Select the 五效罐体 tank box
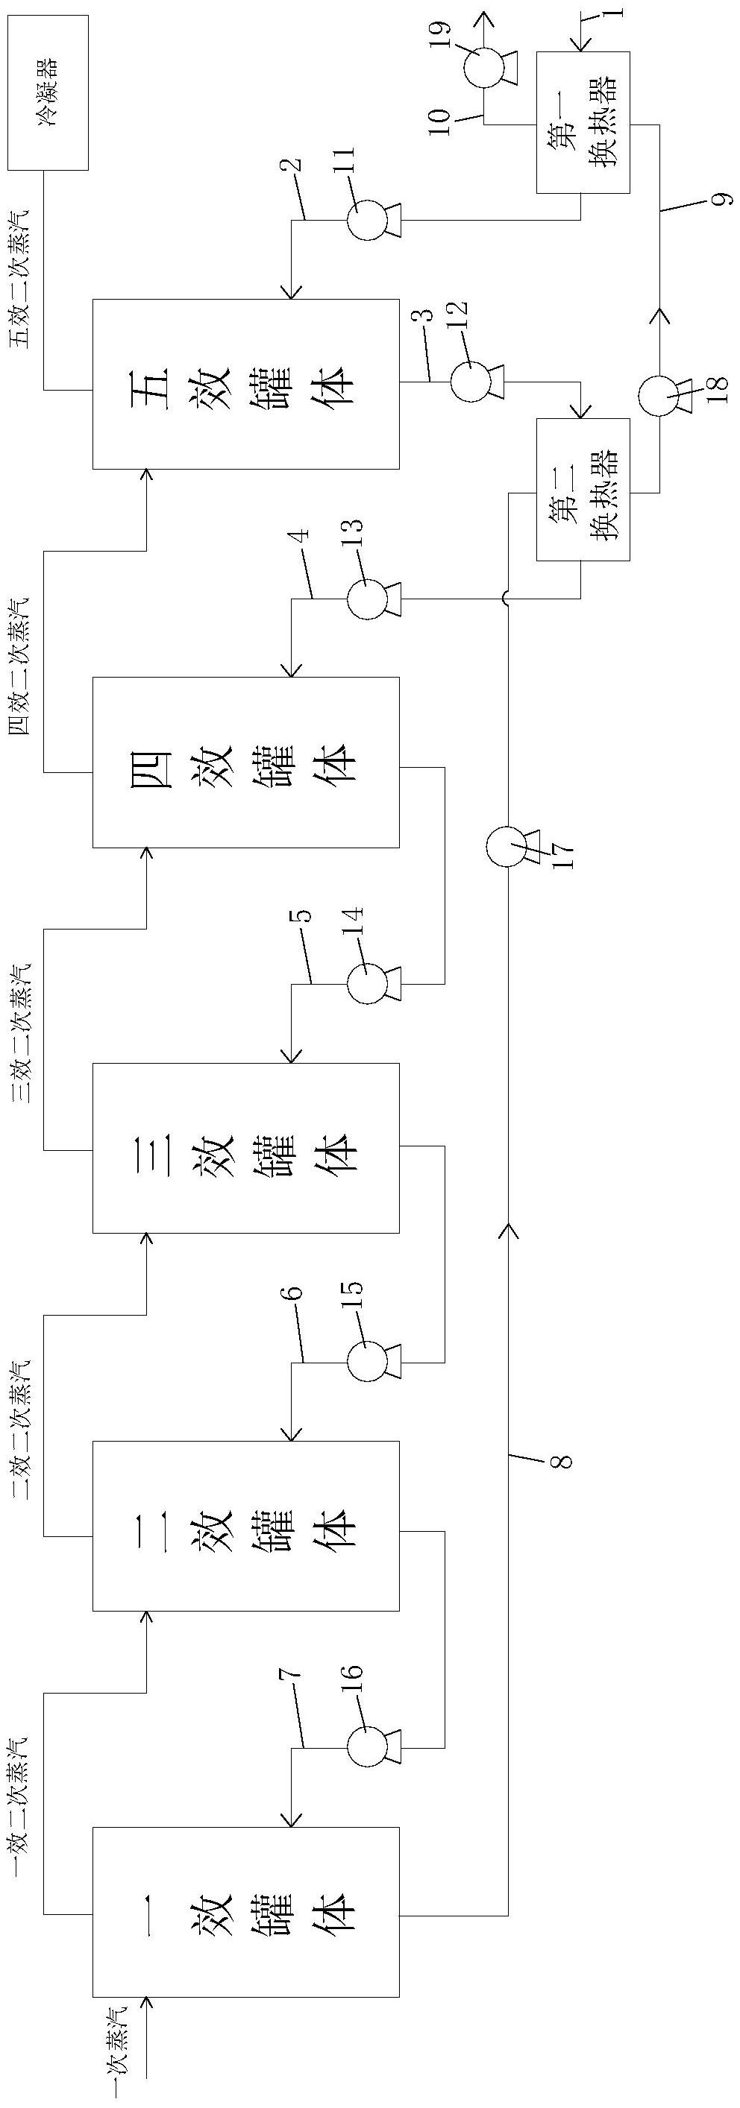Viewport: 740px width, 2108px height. click(x=245, y=384)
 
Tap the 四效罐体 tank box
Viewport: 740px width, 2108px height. click(x=245, y=762)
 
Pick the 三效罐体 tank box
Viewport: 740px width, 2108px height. click(x=245, y=1147)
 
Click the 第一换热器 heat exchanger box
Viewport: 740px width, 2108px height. click(x=583, y=122)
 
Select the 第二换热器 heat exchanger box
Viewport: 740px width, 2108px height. click(x=583, y=488)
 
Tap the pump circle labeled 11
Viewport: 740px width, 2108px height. click(x=366, y=220)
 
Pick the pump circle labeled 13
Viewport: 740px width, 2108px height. click(x=366, y=600)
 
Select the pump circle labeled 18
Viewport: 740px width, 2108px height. click(x=658, y=396)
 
